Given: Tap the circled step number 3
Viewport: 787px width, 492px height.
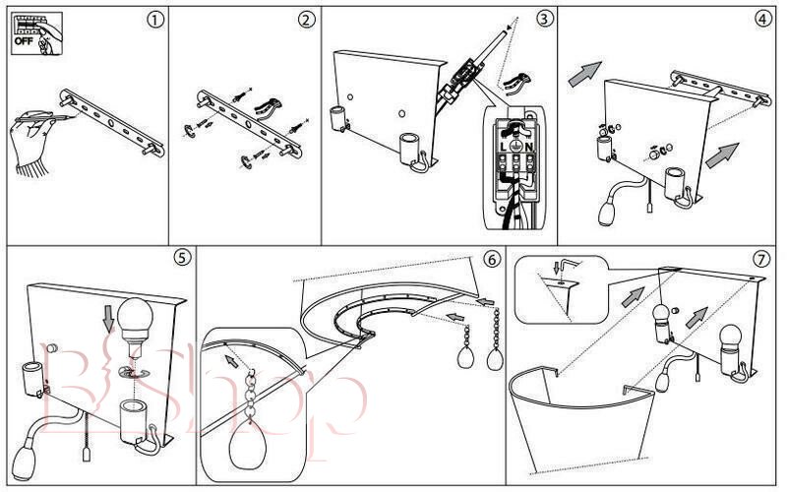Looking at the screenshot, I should (543, 19).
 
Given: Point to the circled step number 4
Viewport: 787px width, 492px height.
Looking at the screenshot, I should (762, 19).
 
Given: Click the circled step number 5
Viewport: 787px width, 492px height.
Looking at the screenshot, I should (181, 257).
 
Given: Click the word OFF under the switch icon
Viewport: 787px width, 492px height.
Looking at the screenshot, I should (22, 42).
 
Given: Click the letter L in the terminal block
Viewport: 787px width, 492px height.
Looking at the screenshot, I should (503, 145).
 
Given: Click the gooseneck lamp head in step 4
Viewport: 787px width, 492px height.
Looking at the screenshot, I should (606, 209).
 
